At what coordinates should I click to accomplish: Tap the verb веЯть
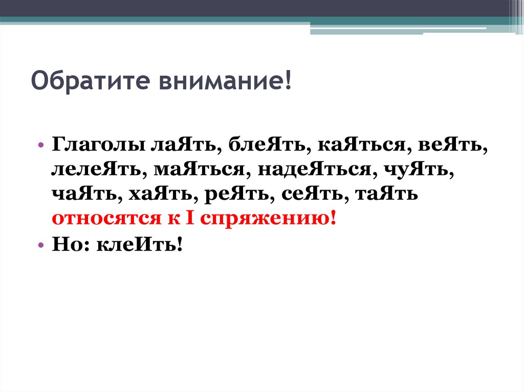click(451, 146)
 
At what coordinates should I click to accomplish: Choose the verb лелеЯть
click(96, 170)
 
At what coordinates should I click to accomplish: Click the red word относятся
click(96, 219)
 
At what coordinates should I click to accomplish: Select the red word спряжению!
click(268, 219)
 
